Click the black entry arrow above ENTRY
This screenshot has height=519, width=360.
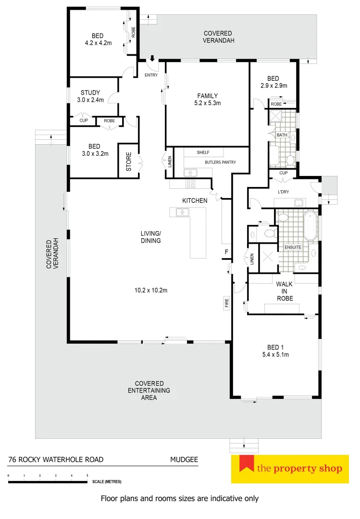[152, 59]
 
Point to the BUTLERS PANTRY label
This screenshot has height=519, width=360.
[220, 162]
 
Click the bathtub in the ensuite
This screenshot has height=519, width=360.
[311, 226]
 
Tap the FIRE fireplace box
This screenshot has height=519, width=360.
[226, 303]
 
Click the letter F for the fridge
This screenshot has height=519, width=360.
[226, 252]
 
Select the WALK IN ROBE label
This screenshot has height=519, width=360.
[284, 291]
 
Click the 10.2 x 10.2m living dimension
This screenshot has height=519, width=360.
[151, 290]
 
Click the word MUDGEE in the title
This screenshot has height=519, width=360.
[184, 459]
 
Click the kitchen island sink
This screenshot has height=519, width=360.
[182, 212]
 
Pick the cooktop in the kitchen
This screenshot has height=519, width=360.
[190, 184]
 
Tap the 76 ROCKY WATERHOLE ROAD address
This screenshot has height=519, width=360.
[56, 459]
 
